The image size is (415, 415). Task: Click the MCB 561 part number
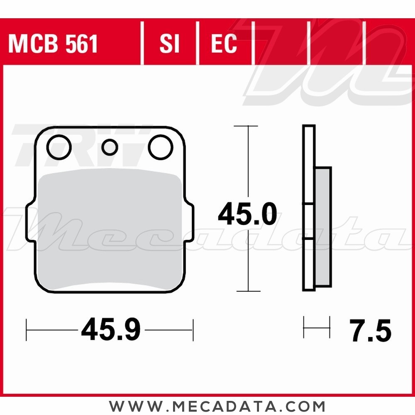point(53,44)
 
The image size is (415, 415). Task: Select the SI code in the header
point(169,44)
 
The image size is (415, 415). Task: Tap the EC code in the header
point(224,44)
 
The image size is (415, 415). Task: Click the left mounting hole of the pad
point(59,147)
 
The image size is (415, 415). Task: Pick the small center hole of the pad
point(110,147)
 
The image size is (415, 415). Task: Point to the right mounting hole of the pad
point(161,147)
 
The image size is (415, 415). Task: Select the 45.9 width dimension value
point(111,330)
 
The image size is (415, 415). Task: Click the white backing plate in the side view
point(309,166)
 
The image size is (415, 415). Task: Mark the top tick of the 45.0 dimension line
point(248,126)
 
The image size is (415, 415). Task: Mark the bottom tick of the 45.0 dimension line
point(248,291)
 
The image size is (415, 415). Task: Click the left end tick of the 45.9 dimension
point(27,330)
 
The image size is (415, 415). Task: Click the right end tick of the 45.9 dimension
point(193,330)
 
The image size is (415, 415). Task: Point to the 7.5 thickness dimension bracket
point(317,327)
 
